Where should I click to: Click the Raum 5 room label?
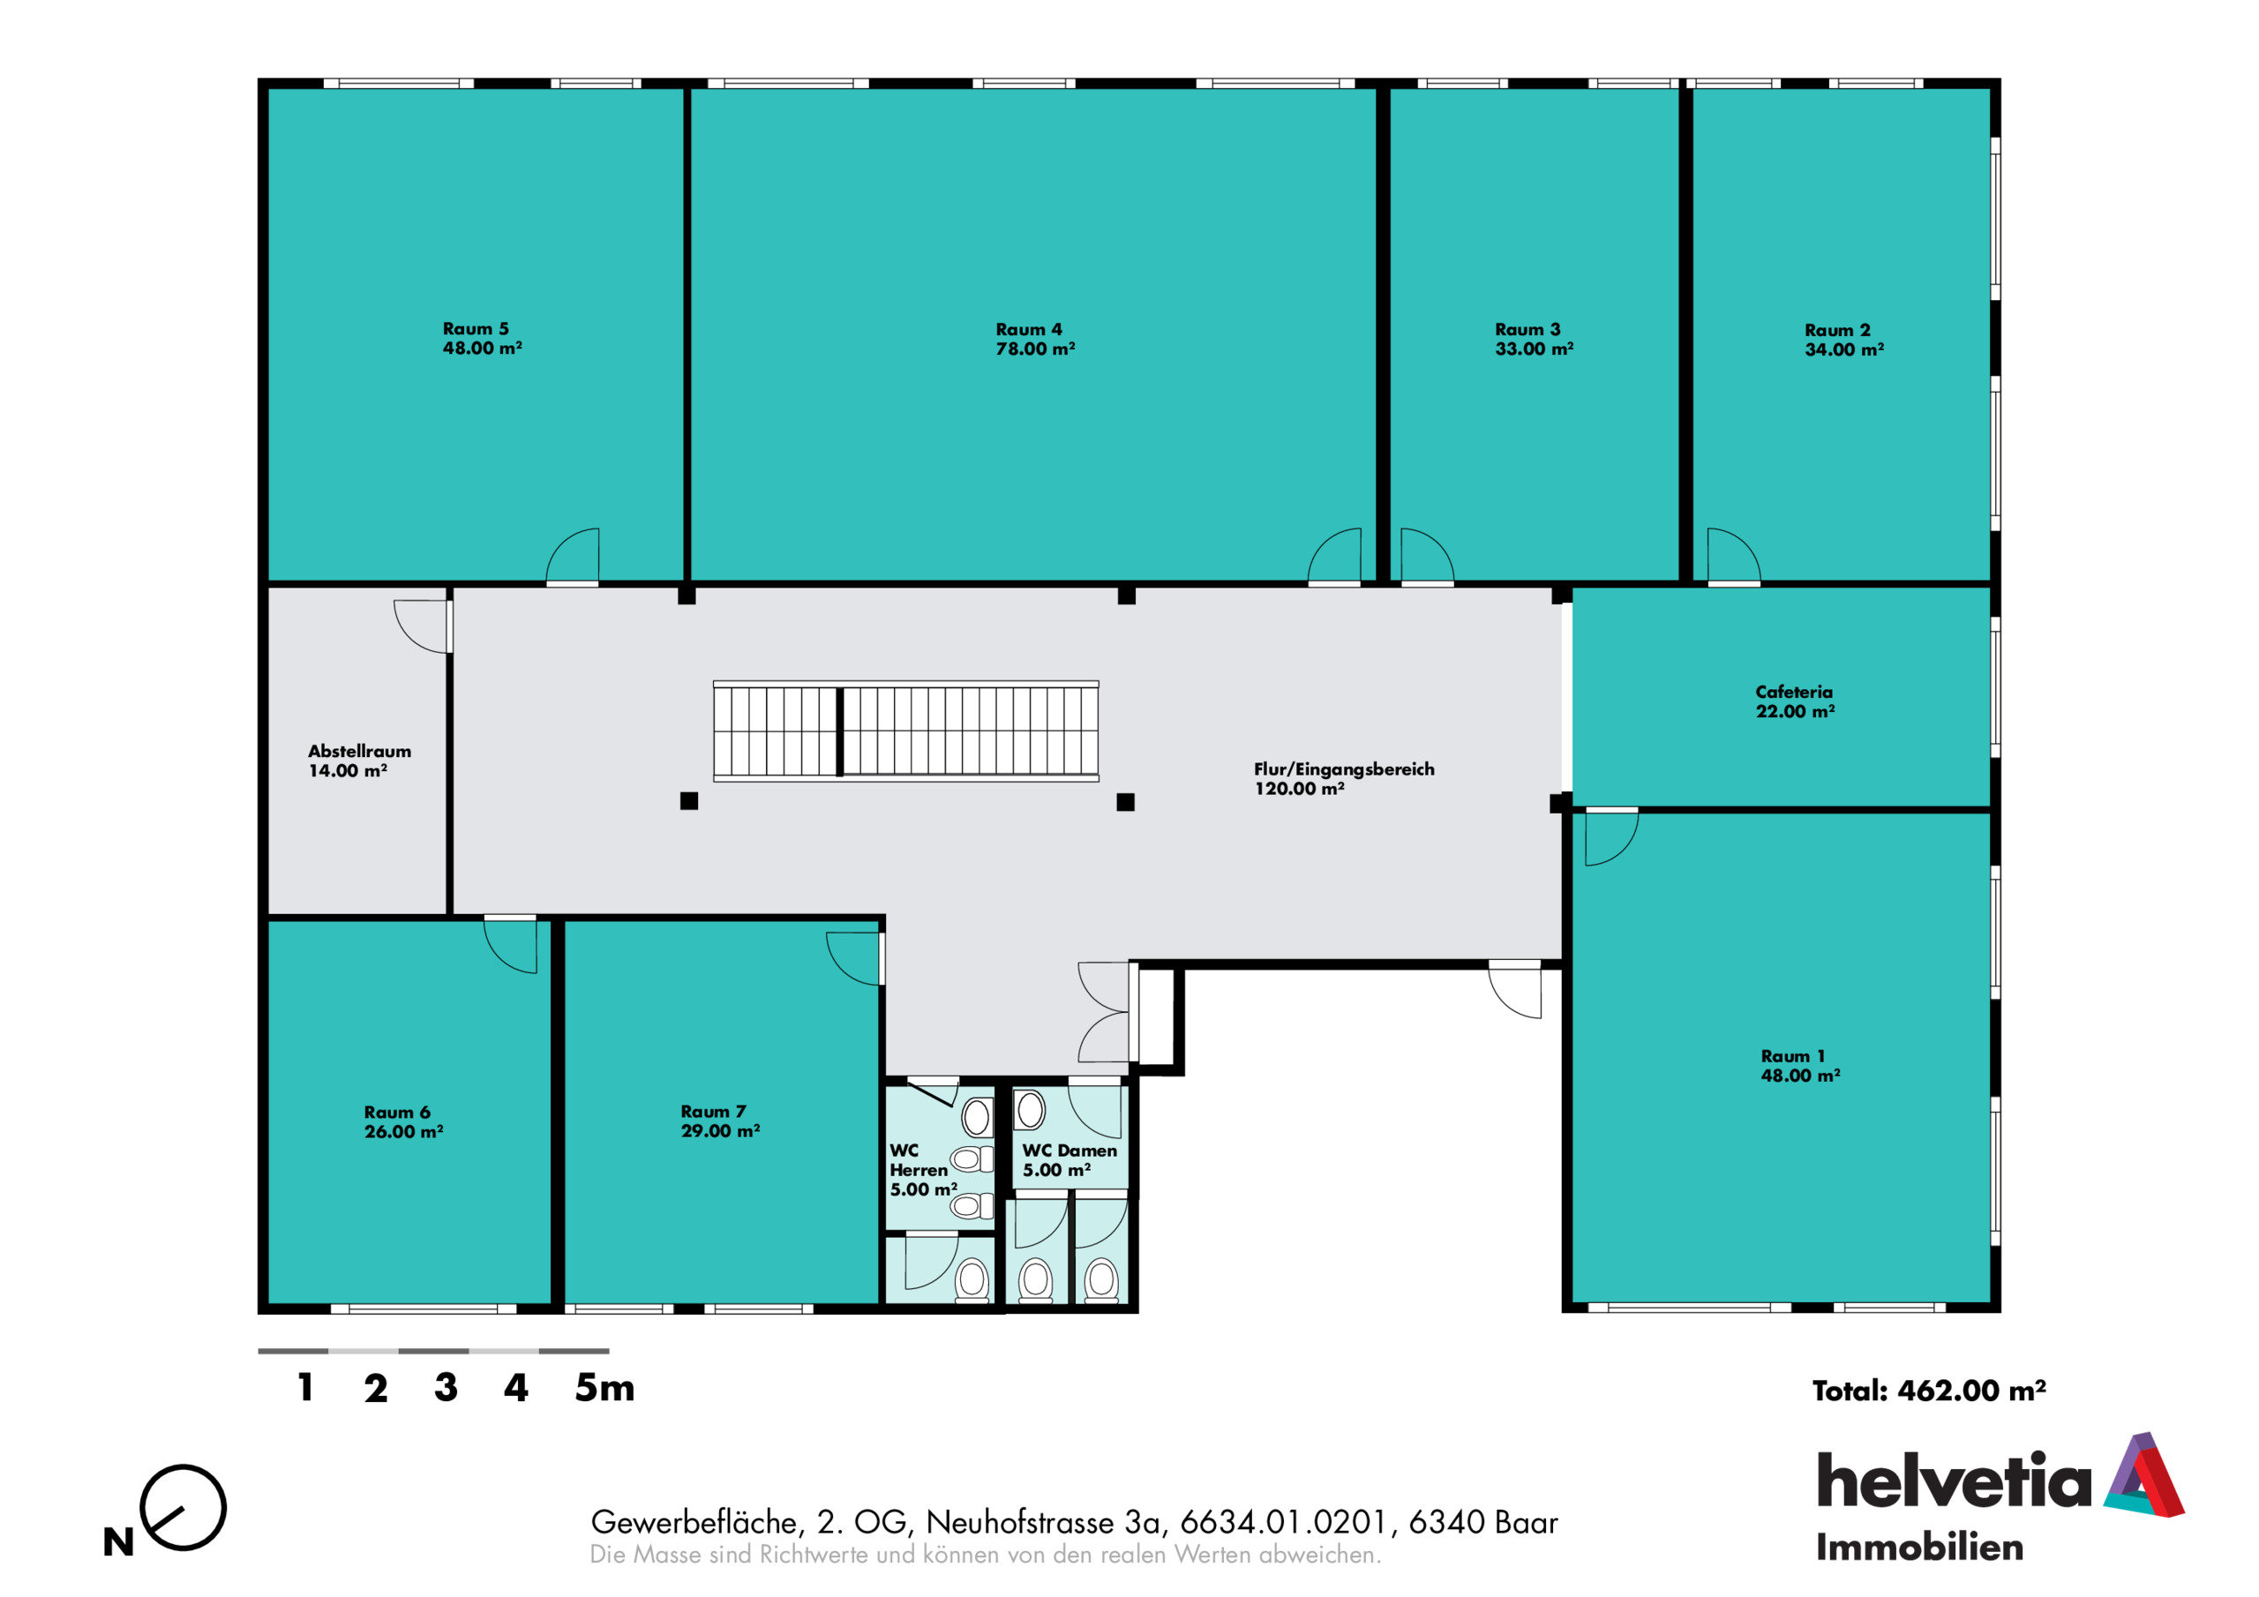tap(476, 328)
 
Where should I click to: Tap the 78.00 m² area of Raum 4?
tap(1035, 349)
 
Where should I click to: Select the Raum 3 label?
tap(1528, 328)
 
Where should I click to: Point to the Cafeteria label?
tap(1794, 692)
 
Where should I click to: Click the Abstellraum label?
tap(360, 751)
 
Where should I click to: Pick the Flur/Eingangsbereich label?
tap(1344, 769)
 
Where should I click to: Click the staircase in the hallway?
tap(906, 731)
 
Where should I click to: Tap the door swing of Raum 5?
tap(573, 557)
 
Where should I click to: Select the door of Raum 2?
tap(1734, 557)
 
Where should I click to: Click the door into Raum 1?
tap(1611, 836)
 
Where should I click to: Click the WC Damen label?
tap(1069, 1151)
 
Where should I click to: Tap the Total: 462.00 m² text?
tap(1929, 1391)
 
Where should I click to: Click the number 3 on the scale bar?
tap(446, 1387)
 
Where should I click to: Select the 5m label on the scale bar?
tap(605, 1387)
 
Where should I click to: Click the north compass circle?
tap(183, 1508)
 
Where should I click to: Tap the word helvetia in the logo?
tap(1954, 1479)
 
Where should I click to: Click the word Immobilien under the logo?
tap(1919, 1548)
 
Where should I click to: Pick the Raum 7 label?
tap(713, 1111)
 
